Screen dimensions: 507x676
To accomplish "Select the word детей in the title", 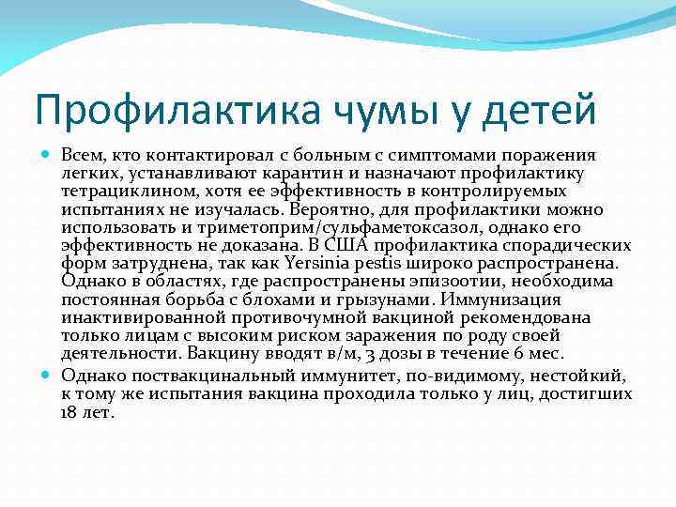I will pyautogui.click(x=540, y=109).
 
